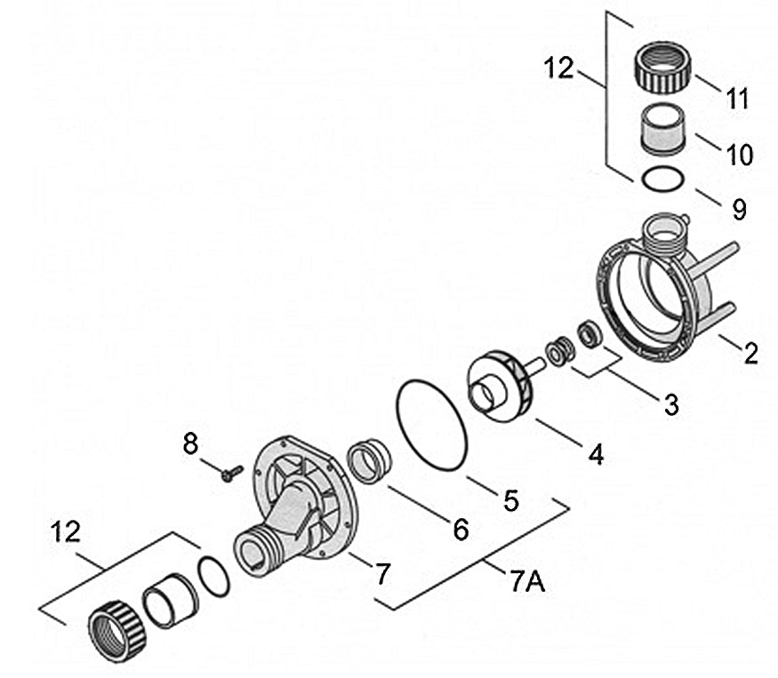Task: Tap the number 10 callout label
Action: pos(739,155)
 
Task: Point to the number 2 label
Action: pos(751,354)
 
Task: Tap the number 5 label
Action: pos(510,499)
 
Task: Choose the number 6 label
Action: pos(460,530)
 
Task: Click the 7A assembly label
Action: pos(528,585)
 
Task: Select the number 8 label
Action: pos(191,443)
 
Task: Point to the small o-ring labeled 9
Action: pos(663,179)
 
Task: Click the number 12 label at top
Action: pos(560,68)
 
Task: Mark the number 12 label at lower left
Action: pos(67,531)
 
